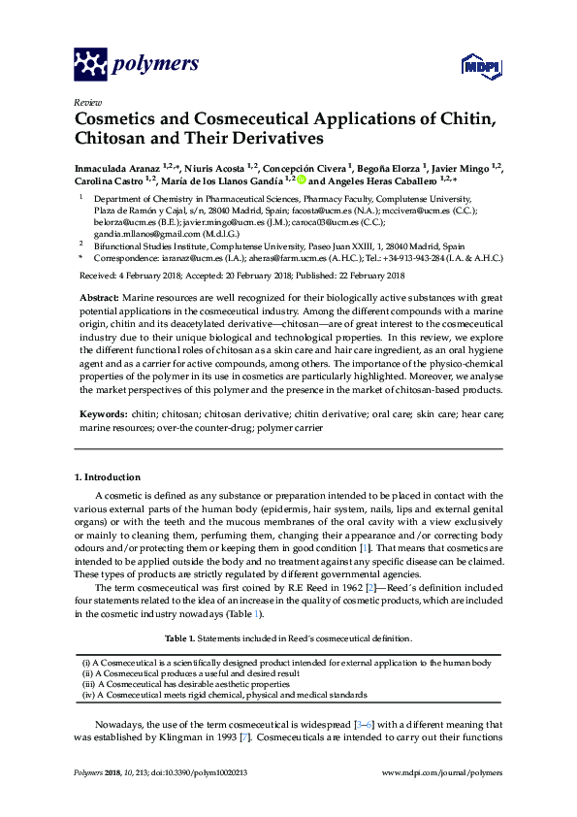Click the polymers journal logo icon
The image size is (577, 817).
point(90,64)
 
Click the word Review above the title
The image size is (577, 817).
point(87,102)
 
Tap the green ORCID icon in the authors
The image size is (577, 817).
point(301,180)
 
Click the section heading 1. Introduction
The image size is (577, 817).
point(108,477)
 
